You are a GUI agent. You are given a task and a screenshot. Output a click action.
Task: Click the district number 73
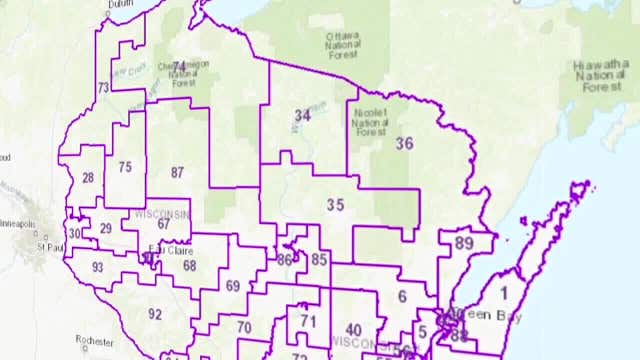103,88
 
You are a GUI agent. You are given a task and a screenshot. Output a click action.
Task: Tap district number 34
302,116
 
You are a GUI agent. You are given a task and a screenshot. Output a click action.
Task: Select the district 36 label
404,143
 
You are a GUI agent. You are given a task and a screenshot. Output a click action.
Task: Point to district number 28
88,178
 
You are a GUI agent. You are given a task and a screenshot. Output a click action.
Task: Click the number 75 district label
125,167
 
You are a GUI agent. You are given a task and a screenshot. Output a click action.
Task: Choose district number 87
177,172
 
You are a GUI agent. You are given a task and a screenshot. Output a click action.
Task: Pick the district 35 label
335,205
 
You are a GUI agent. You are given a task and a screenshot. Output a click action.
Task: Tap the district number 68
189,265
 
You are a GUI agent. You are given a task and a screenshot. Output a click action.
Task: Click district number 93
97,267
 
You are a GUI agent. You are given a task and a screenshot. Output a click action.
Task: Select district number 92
155,314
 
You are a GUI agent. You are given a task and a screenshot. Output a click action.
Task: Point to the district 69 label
232,286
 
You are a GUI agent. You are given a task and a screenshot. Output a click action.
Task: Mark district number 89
463,243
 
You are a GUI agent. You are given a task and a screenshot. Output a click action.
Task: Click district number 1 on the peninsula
504,292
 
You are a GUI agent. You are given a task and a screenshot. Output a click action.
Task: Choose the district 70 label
244,327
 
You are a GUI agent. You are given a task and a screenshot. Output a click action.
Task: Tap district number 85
319,260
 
